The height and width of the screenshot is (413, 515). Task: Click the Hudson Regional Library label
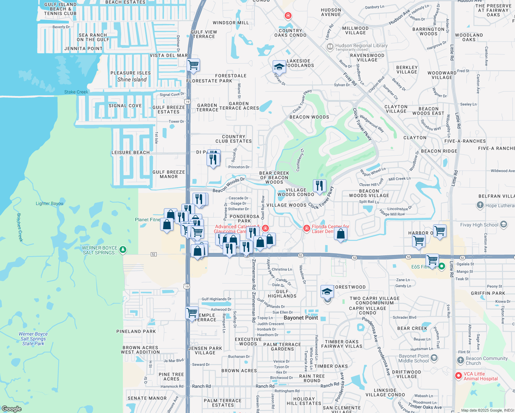tap(361, 45)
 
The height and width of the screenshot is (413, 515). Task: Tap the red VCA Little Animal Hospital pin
tap(458, 376)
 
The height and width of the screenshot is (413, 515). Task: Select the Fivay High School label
tap(479, 225)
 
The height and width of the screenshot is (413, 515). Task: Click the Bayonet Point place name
tap(301, 318)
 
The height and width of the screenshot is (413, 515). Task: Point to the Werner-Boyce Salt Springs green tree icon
tap(123, 250)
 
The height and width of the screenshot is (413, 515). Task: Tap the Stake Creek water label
tap(76, 92)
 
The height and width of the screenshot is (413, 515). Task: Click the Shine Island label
tap(132, 80)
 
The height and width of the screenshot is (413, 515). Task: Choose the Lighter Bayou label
tap(49, 203)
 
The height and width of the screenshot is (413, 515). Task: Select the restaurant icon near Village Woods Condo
tap(319, 186)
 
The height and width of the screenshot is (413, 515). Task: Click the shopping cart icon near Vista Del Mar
tap(193, 65)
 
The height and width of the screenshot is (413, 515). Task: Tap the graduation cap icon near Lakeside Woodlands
tap(279, 67)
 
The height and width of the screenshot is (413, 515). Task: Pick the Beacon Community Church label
tap(486, 361)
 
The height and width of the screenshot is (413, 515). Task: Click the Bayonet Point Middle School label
tap(414, 358)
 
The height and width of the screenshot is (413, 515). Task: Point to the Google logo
tap(11, 409)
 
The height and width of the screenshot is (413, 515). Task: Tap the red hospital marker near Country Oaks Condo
tap(288, 15)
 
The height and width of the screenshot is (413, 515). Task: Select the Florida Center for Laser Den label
tap(330, 229)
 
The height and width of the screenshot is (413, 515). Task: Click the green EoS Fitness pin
tap(442, 266)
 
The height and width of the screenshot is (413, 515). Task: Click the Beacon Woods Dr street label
tap(229, 185)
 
